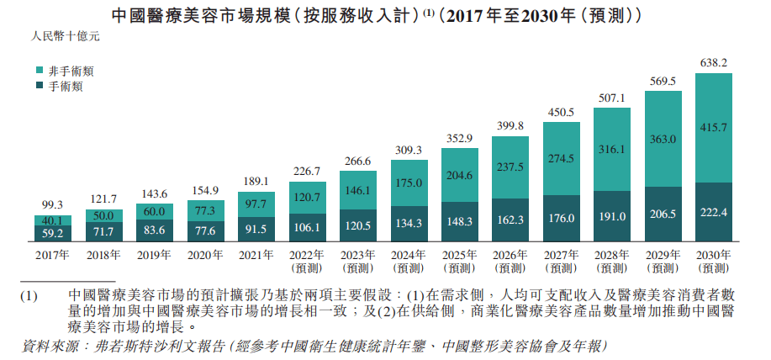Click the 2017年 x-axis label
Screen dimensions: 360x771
52,253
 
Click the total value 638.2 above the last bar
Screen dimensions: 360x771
714,62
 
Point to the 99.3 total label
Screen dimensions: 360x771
52,204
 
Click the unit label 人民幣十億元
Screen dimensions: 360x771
65,37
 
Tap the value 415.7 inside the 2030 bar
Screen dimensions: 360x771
714,127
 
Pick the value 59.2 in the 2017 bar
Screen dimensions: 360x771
52,231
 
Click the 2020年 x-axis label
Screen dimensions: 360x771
204,253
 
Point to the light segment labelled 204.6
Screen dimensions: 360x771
459,176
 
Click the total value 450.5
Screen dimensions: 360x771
561,112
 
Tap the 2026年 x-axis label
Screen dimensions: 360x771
510,253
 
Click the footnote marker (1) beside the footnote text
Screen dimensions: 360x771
29,296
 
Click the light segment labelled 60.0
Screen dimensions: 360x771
154,211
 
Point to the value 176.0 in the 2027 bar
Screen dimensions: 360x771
561,217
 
